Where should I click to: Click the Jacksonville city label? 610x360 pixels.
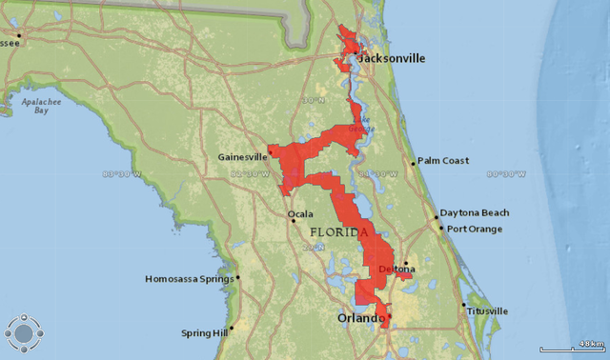point(392,58)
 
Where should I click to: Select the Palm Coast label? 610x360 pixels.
point(443,161)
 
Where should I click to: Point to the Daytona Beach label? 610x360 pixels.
point(477,212)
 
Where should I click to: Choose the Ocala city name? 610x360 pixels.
point(300,214)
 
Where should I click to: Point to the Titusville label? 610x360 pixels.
point(488,310)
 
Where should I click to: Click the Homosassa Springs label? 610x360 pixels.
point(189,279)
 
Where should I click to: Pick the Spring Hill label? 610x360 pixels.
point(204,333)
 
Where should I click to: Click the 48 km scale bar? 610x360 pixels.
point(572,347)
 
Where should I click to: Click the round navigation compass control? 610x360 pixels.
point(23,333)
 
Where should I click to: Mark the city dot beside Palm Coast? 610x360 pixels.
point(413,162)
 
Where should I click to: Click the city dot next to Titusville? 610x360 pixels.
point(464,305)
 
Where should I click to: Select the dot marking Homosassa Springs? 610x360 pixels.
point(238,278)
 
